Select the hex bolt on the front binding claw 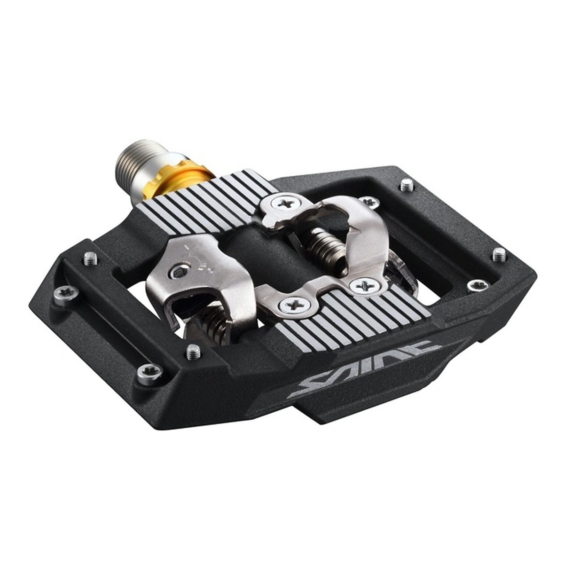coord(179,274)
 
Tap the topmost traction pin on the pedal coord(407,185)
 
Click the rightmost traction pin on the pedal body coord(499,254)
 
